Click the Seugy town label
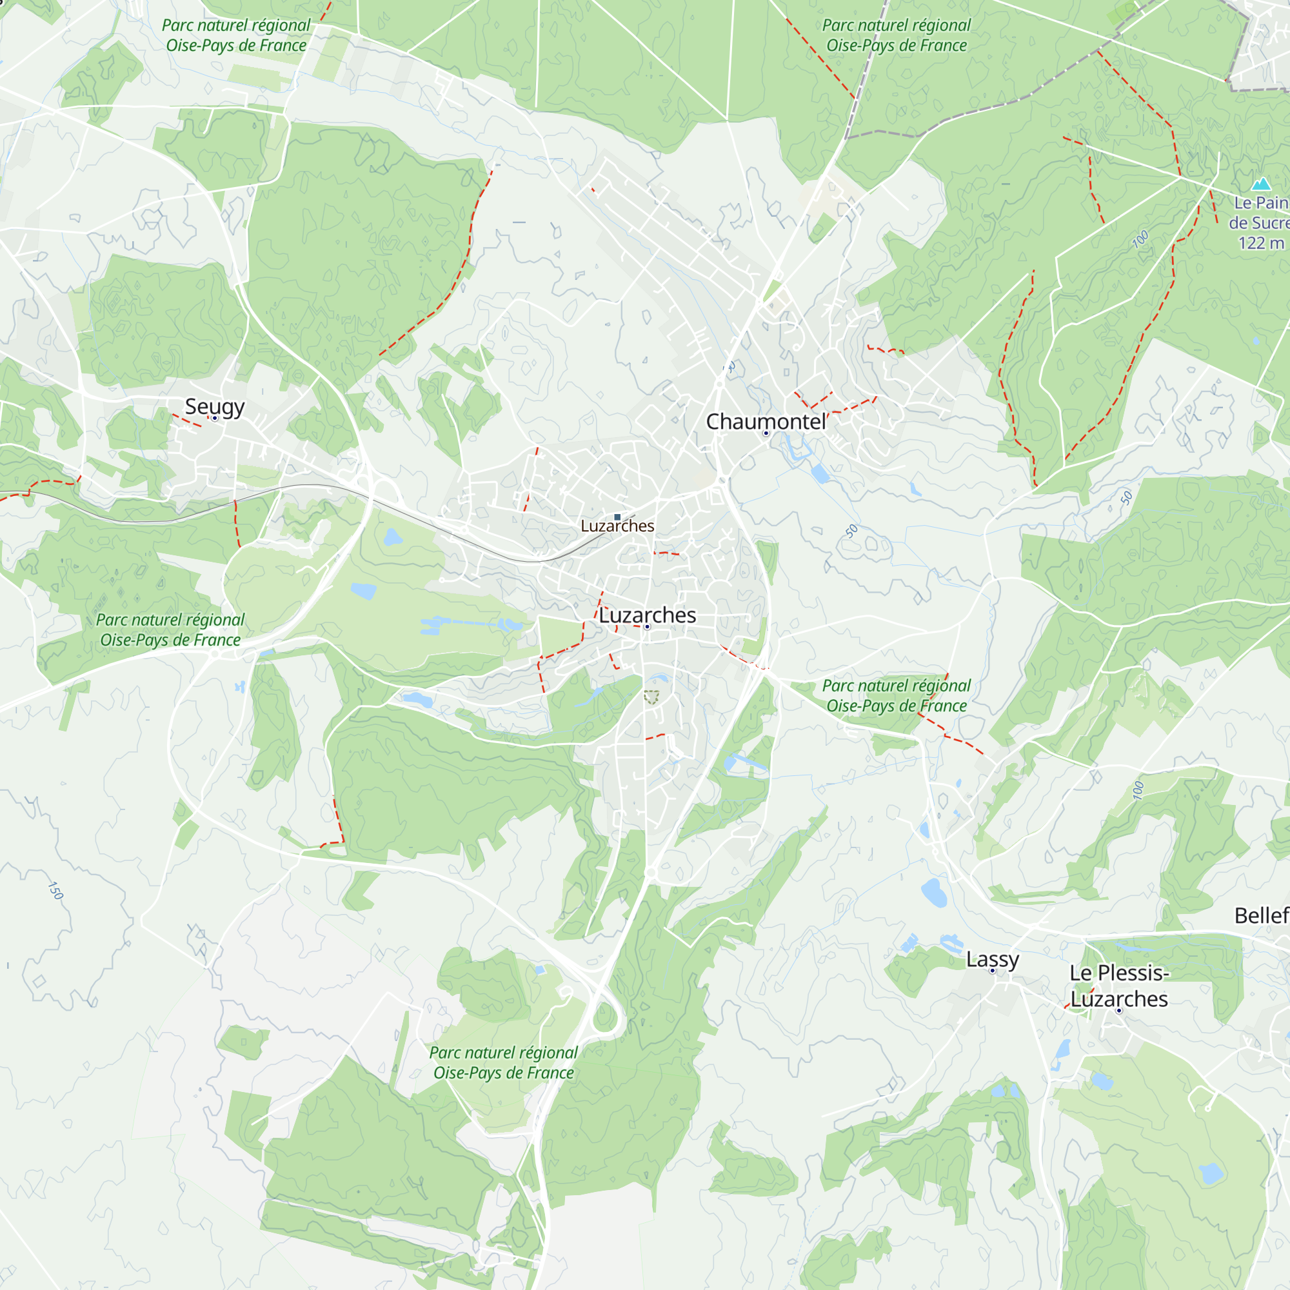(x=214, y=406)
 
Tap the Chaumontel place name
(x=765, y=421)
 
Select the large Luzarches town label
(x=647, y=615)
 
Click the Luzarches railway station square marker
(x=617, y=517)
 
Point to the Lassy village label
(x=992, y=959)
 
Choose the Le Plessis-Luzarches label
(x=1119, y=986)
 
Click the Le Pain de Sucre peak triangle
(x=1260, y=184)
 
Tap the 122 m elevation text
(x=1260, y=243)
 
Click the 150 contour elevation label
(x=56, y=890)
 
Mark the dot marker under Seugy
(x=214, y=419)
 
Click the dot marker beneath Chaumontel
(x=766, y=433)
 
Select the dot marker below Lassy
(x=992, y=971)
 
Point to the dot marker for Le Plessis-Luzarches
(x=1119, y=1011)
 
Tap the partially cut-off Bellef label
(x=1261, y=915)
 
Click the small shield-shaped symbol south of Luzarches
(x=651, y=698)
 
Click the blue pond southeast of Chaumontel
(x=820, y=473)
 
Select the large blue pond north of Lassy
(x=933, y=892)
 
